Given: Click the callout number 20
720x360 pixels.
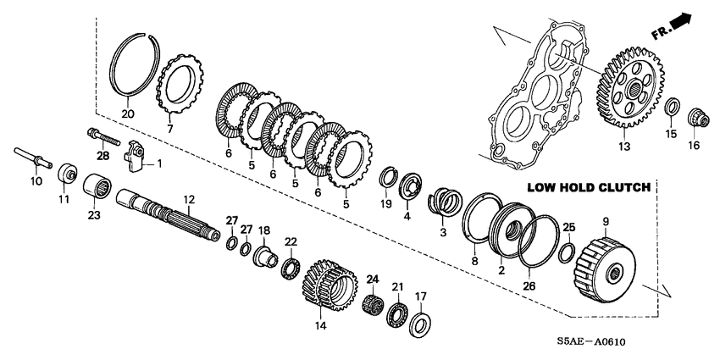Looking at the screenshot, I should point(127,114).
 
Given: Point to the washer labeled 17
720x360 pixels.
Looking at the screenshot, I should point(420,324).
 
